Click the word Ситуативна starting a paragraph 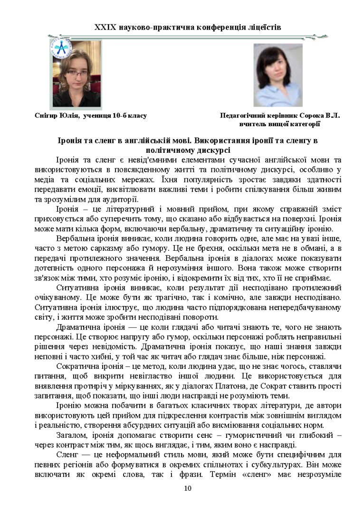click(x=77, y=288)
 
